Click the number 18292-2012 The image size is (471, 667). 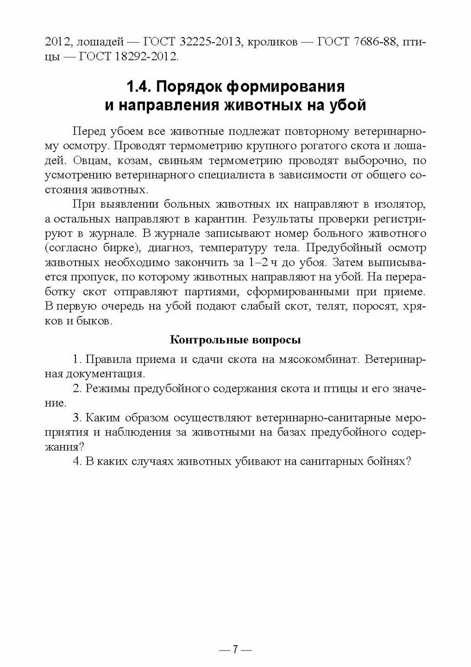[x=141, y=57]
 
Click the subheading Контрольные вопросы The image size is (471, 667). [x=235, y=341]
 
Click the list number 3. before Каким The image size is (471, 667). [x=76, y=418]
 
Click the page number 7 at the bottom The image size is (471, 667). [x=235, y=650]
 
